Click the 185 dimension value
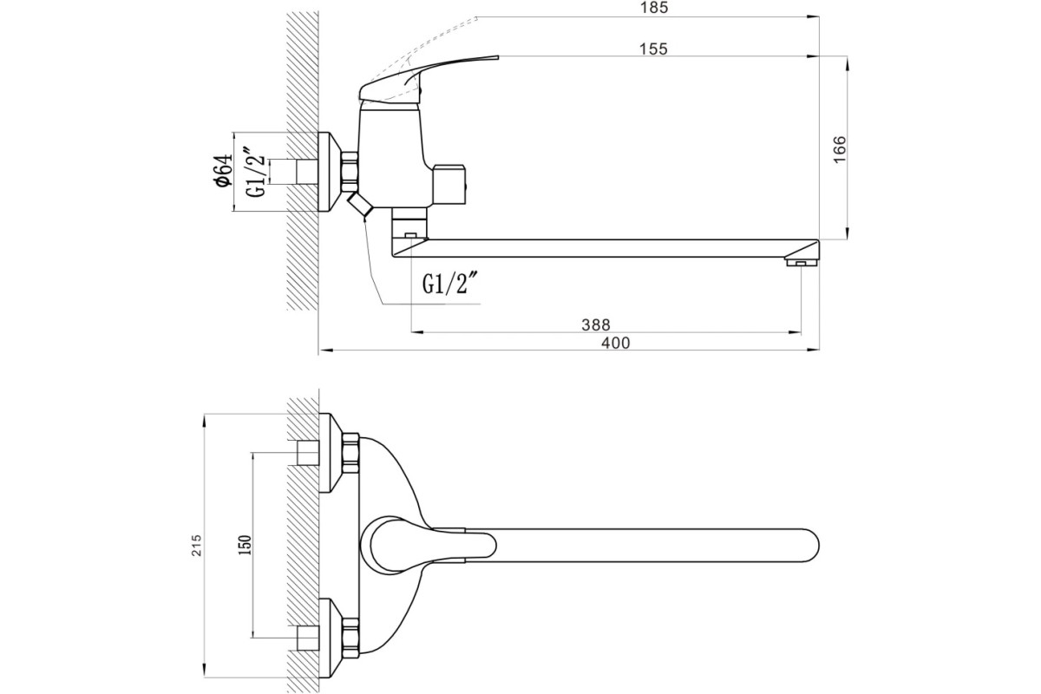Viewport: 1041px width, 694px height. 654,8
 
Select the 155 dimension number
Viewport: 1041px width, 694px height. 653,49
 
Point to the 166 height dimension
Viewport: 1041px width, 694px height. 840,149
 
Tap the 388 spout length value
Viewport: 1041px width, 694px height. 596,324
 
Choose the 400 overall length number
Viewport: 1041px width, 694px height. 616,343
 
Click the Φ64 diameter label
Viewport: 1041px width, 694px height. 224,171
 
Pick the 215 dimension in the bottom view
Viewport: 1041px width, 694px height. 197,546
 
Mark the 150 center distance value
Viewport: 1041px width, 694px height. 245,546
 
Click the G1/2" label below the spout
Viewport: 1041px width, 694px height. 450,284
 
